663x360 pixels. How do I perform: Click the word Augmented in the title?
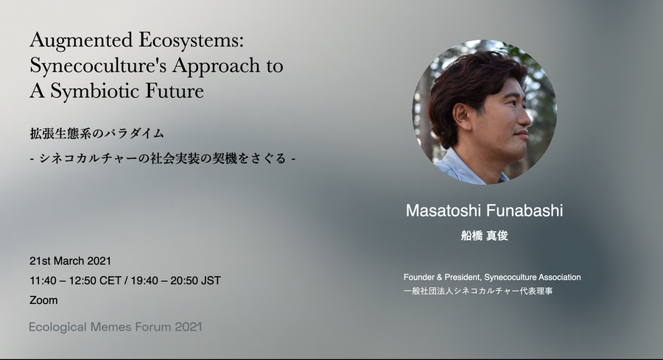pyautogui.click(x=81, y=41)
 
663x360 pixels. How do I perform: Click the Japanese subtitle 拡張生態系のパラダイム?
pyautogui.click(x=97, y=133)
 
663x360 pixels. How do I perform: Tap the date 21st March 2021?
pyautogui.click(x=70, y=261)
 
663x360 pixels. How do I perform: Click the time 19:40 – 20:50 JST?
pyautogui.click(x=175, y=280)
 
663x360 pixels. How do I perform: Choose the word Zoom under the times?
pyautogui.click(x=43, y=300)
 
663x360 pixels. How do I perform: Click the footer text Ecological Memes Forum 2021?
pyautogui.click(x=116, y=327)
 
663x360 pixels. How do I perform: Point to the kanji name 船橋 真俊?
pyautogui.click(x=484, y=236)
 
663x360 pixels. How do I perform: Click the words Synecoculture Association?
pyautogui.click(x=533, y=278)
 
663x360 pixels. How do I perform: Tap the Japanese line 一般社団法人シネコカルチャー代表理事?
pyautogui.click(x=478, y=291)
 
